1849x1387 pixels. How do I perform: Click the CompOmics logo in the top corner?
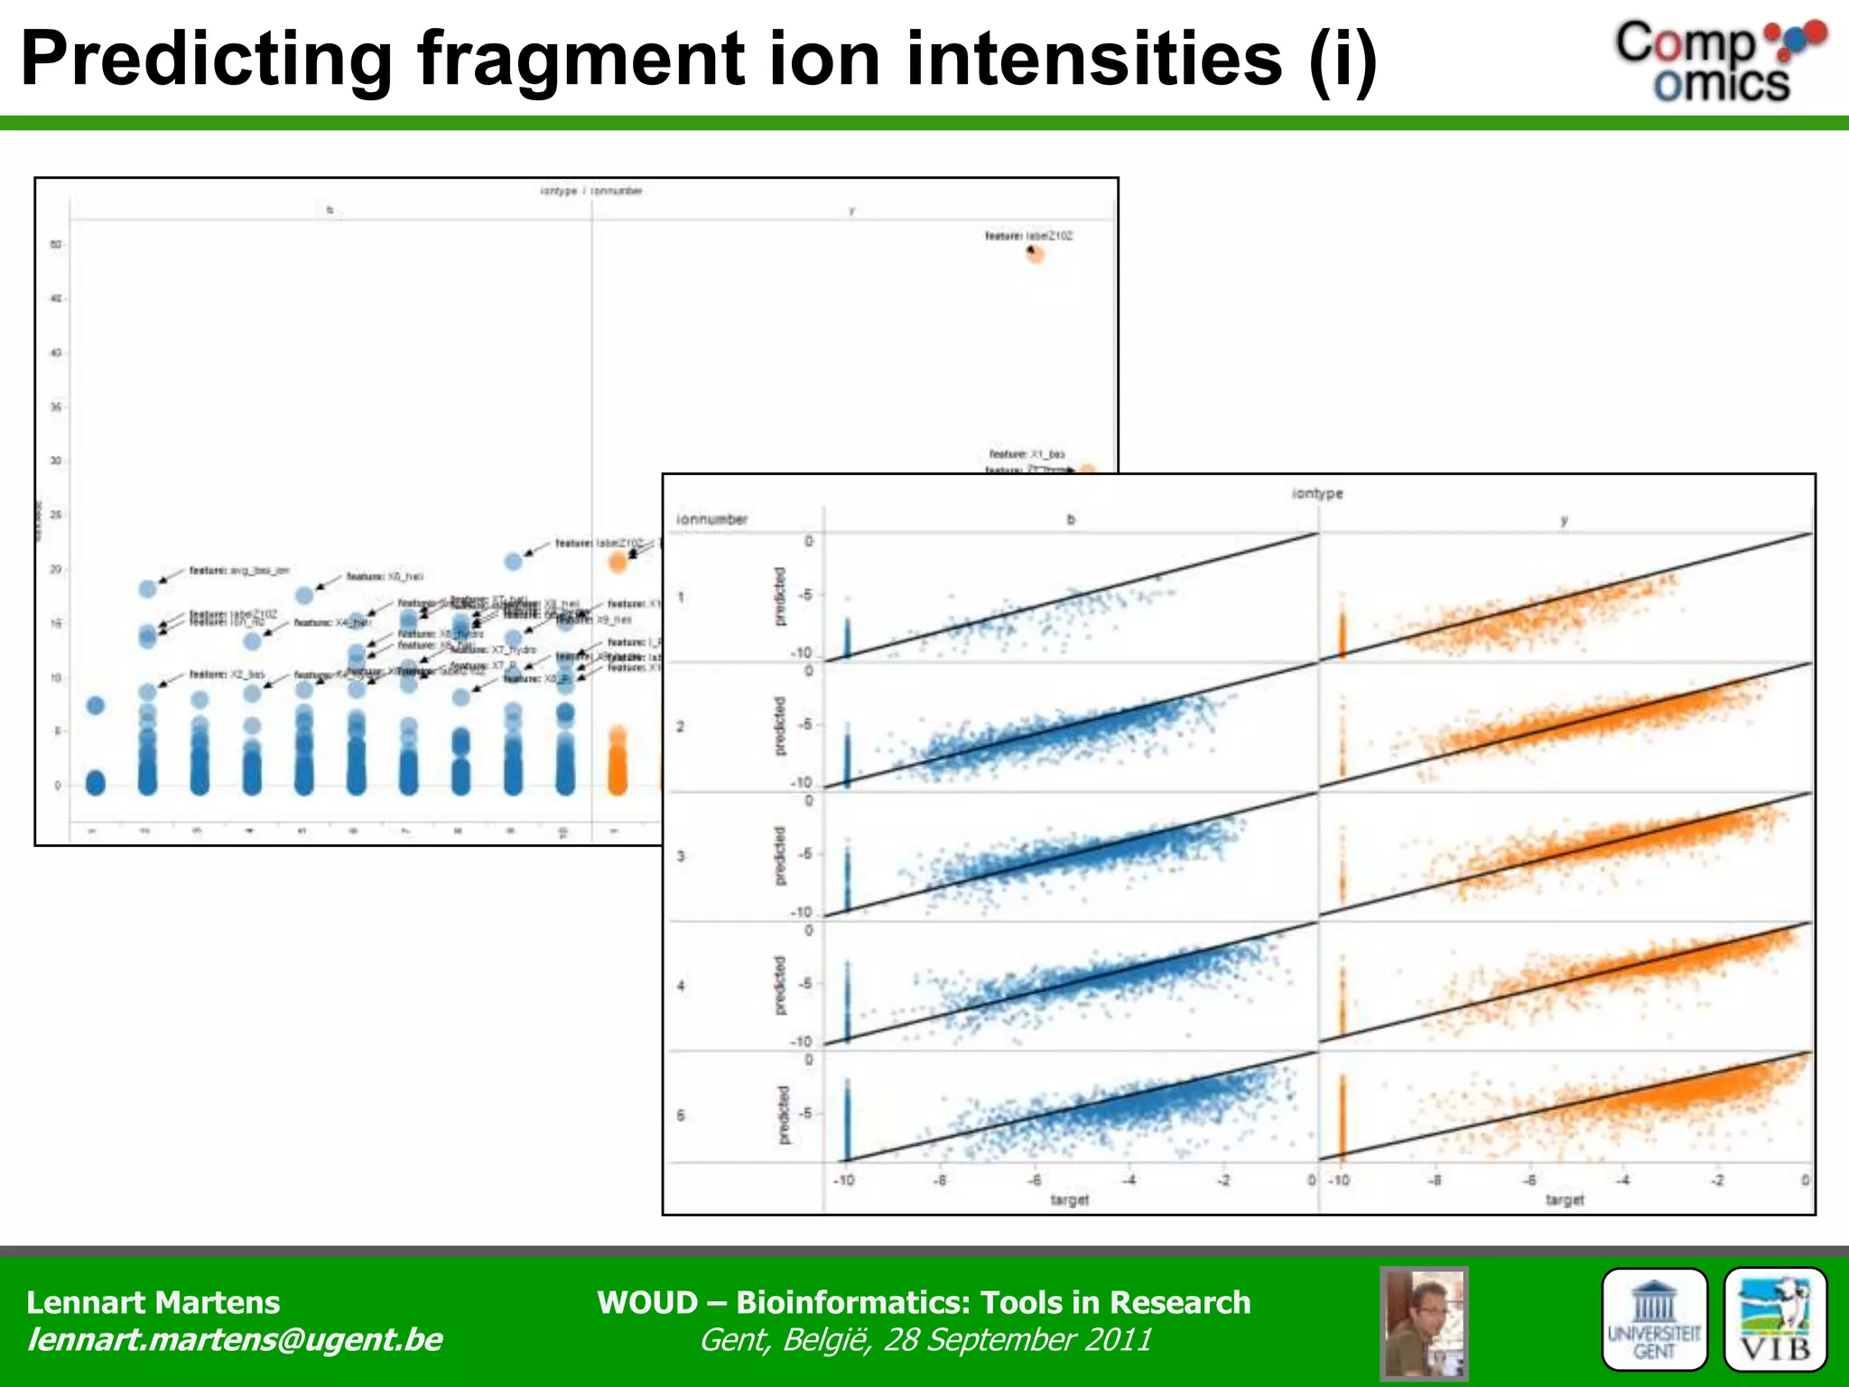1719,61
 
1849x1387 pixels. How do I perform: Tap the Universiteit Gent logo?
1654,1319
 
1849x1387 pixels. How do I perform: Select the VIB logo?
1775,1319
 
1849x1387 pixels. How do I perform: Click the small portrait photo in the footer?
1424,1323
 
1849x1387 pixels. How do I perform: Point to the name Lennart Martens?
153,1302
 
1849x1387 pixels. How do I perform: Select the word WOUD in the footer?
646,1302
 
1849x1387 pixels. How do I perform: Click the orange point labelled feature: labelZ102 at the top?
1036,255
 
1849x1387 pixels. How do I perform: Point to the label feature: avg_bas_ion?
239,571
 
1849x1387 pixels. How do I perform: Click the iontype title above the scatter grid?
1317,493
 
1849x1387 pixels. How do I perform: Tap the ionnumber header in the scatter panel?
712,519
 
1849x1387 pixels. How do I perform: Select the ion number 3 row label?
681,855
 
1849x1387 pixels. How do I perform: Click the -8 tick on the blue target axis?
940,1180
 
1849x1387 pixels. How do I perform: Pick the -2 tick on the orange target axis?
1718,1180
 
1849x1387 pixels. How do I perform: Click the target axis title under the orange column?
1565,1199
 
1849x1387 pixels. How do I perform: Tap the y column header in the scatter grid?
1565,520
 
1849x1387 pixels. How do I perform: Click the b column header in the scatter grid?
1071,520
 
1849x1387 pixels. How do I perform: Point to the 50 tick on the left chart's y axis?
56,245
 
